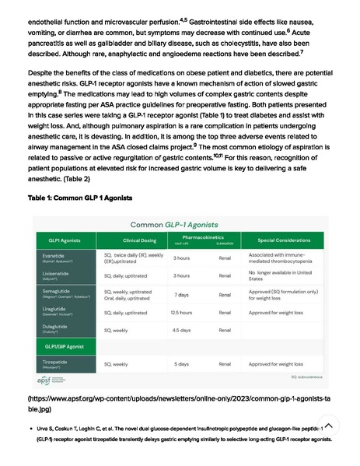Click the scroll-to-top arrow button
tap(328, 426)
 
